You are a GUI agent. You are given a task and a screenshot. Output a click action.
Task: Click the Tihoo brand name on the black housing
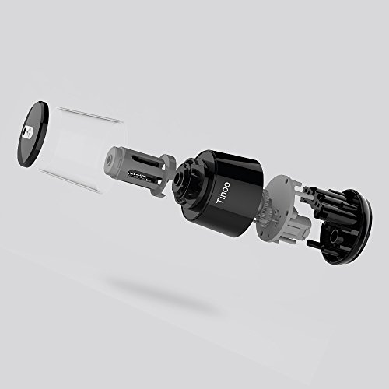pos(223,193)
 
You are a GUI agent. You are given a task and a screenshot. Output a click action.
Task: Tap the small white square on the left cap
pos(27,131)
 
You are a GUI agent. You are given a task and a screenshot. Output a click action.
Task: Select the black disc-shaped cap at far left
pos(33,134)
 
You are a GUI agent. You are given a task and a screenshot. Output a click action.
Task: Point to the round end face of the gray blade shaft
pos(110,158)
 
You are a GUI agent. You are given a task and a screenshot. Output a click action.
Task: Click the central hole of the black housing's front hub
pos(179,180)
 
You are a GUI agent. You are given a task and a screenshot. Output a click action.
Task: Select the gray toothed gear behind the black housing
pos(268,208)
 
